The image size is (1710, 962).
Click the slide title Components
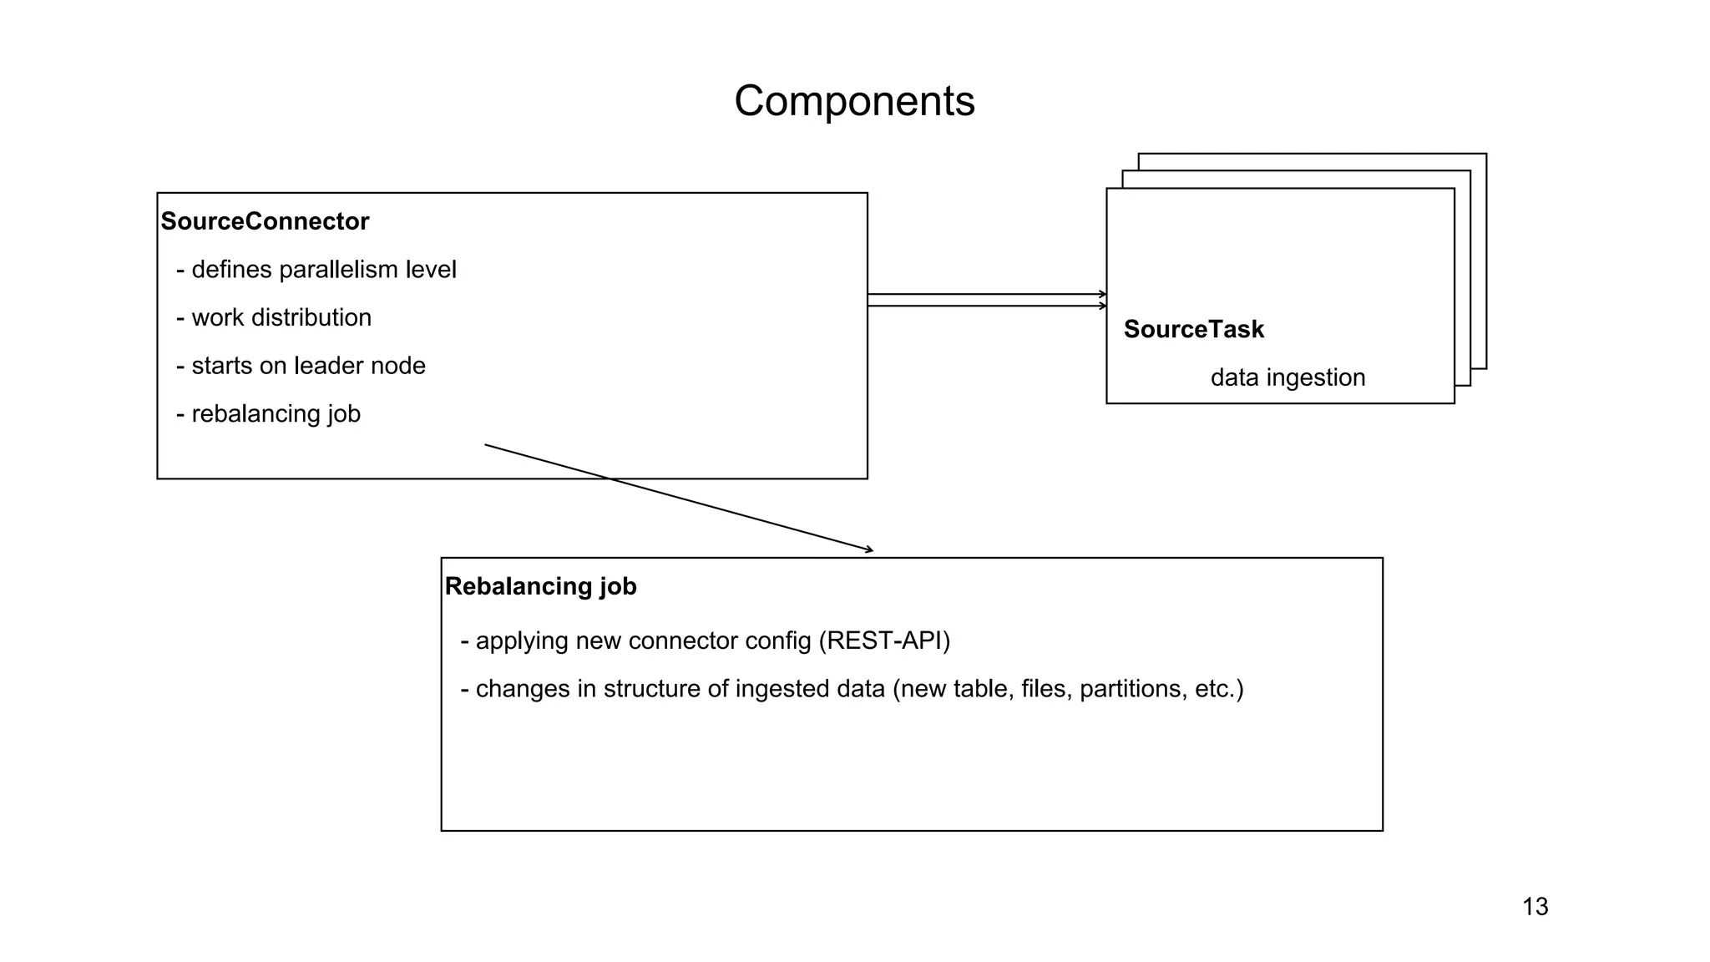(854, 101)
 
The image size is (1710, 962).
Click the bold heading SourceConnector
(265, 221)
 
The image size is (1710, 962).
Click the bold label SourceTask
(1193, 329)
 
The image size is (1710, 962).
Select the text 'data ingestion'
(1288, 377)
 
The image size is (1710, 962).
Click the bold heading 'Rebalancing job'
(540, 586)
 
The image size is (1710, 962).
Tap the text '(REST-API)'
(884, 640)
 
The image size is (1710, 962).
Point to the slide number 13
(1535, 907)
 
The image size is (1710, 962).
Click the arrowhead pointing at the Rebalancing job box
(869, 549)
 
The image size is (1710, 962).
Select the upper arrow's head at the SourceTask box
(1103, 294)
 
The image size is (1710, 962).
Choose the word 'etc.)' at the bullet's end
(1219, 689)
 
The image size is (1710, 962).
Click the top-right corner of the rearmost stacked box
(1485, 154)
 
